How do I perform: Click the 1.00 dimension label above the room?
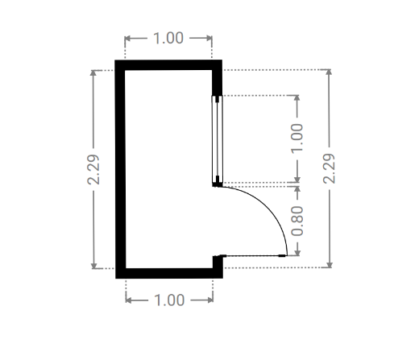168,38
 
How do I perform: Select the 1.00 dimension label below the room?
169,300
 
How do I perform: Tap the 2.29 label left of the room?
93,169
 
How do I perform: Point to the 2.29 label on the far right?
329,168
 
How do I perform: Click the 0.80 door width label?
297,221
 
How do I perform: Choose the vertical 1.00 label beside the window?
297,139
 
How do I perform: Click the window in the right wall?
218,139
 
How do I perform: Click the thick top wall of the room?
168,65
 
